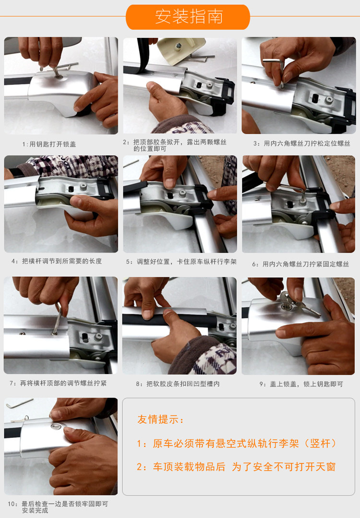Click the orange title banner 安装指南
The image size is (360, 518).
tap(188, 17)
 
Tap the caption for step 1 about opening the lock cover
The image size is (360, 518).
tap(49, 144)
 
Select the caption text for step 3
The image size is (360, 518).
tap(301, 143)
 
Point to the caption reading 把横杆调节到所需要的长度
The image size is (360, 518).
tap(57, 261)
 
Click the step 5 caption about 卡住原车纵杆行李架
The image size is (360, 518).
tap(181, 262)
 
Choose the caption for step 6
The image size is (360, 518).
tap(300, 264)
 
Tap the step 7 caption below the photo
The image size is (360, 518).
tap(58, 383)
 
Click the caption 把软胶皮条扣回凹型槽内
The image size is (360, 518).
tap(178, 384)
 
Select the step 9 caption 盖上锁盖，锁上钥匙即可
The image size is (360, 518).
tap(301, 384)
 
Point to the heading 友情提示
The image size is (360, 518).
tap(160, 419)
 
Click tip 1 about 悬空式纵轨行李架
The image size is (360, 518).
tap(236, 443)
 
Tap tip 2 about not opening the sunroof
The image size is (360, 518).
tap(236, 467)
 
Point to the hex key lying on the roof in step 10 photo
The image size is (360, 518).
tap(19, 403)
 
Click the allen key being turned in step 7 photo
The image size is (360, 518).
tap(58, 318)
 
